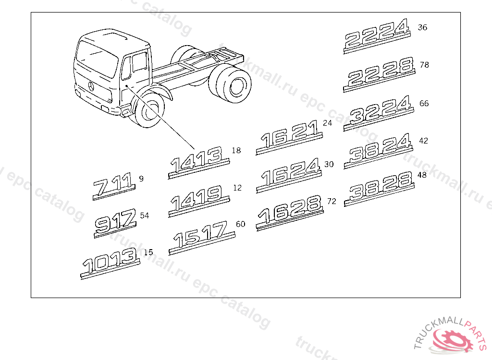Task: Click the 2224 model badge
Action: coord(377,36)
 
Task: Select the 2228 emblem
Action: coord(379,74)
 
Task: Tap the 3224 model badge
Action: coord(378,113)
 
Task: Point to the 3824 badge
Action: coord(378,151)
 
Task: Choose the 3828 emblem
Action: coord(380,189)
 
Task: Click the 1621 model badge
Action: coord(289,137)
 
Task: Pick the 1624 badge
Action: coord(289,175)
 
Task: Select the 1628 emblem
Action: coord(290,213)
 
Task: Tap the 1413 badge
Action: coord(199,162)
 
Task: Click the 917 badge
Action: coord(115,223)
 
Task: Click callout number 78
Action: coord(424,65)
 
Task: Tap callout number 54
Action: coord(145,216)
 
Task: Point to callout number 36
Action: coord(422,27)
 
